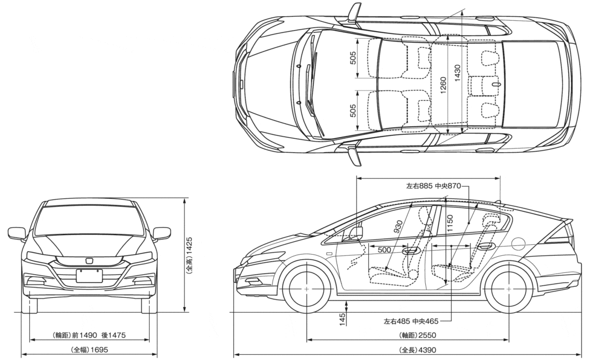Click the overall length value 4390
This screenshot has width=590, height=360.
click(x=427, y=350)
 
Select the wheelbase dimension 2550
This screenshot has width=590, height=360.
click(x=428, y=335)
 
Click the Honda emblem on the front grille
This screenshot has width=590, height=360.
click(x=89, y=260)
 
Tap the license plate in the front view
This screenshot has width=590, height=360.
click(x=89, y=275)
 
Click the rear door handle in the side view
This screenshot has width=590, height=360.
click(x=486, y=247)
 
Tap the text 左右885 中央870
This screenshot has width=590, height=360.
click(x=434, y=186)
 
